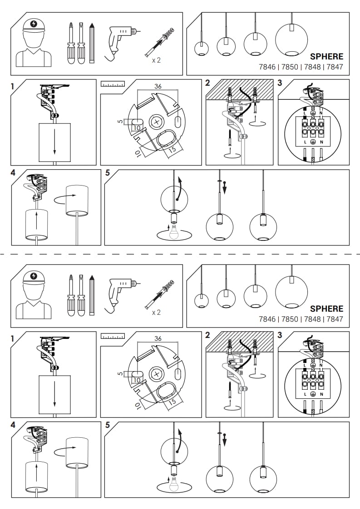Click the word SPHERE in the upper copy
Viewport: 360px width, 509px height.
pyautogui.click(x=326, y=57)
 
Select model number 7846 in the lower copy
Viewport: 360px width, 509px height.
pyautogui.click(x=267, y=319)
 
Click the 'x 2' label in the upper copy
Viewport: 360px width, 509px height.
pyautogui.click(x=156, y=60)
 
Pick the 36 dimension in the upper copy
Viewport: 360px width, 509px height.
pyautogui.click(x=158, y=86)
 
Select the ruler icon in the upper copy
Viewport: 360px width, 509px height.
pyautogui.click(x=113, y=84)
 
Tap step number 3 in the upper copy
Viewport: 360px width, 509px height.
pyautogui.click(x=280, y=83)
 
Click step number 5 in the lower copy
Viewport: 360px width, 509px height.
pyautogui.click(x=108, y=425)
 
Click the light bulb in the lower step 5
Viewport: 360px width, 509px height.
pyautogui.click(x=173, y=485)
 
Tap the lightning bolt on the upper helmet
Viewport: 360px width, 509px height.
pyautogui.click(x=34, y=24)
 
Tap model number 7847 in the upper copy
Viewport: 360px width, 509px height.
pyautogui.click(x=335, y=67)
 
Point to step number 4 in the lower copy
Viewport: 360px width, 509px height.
pyautogui.click(x=13, y=425)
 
